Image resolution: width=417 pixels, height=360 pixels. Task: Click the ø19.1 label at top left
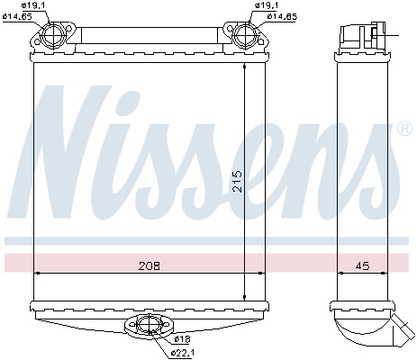point(23,6)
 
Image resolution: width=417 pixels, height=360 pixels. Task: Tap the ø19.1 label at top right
point(267,6)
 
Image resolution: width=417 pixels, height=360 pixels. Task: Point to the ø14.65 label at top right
point(277,17)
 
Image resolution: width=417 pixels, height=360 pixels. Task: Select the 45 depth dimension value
point(361,265)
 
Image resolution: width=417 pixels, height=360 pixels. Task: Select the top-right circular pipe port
point(245,38)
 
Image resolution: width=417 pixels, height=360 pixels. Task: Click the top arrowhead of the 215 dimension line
point(246,68)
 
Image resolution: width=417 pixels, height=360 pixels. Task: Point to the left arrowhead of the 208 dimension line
point(37,272)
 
